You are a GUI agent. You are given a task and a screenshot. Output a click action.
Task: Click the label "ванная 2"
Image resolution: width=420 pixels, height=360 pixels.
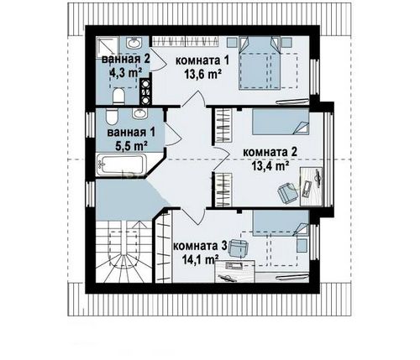126,60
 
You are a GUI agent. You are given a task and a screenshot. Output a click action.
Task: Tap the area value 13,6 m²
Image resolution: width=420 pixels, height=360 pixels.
203,74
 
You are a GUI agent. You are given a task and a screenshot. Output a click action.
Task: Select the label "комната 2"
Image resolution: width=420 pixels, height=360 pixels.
270,153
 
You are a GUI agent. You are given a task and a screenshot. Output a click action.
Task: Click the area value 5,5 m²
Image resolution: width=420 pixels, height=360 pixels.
132,146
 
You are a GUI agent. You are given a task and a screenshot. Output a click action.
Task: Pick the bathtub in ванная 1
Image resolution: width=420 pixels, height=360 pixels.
122,164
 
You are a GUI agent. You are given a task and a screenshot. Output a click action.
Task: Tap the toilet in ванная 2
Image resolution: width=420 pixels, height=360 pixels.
118,97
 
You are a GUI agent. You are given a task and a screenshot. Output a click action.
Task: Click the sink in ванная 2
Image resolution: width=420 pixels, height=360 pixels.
134,43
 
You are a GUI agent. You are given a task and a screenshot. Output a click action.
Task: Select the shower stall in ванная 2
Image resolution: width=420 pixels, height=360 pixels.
107,47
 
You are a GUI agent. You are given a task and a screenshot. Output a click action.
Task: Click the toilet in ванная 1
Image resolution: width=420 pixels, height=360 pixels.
112,117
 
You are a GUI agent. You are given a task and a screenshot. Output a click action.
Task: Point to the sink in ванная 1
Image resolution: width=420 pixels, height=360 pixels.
139,114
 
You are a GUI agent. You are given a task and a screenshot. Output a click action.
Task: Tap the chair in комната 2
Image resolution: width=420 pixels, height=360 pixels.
287,193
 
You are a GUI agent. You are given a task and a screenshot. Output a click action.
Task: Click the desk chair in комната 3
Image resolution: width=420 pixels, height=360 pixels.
238,248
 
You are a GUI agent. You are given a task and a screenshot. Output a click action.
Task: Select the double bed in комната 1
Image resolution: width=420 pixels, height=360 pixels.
260,63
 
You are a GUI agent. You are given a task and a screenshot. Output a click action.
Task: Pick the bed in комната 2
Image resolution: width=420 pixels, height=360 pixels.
281,123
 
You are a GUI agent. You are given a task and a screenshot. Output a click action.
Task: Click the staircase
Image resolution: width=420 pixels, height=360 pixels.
124,252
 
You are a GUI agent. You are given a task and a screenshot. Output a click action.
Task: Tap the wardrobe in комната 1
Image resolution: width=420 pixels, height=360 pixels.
185,42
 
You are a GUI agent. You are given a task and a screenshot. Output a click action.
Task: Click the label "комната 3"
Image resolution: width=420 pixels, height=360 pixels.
200,246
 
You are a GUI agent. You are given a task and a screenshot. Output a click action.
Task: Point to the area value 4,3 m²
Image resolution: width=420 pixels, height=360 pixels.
126,73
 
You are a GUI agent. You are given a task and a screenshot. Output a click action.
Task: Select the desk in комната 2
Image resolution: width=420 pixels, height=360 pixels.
312,186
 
